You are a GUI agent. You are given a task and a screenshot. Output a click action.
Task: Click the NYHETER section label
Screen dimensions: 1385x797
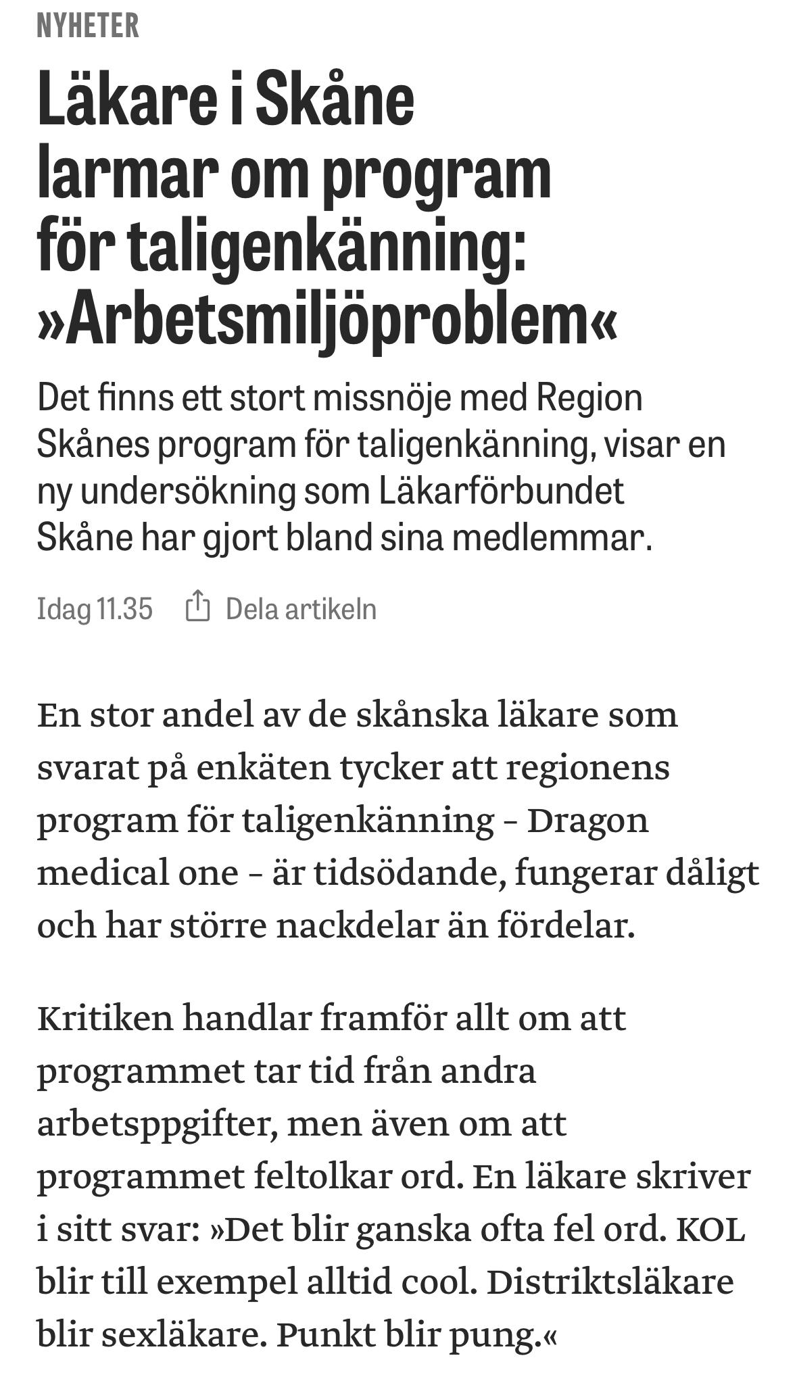[x=88, y=26]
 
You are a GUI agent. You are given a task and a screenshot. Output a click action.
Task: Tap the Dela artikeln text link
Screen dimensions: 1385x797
[x=301, y=609]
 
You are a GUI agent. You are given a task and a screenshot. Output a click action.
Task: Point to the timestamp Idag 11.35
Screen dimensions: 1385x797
[x=95, y=609]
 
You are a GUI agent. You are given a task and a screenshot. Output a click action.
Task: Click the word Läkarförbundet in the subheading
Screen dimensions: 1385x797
[x=501, y=491]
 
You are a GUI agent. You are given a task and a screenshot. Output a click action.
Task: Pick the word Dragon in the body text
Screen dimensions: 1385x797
[x=587, y=820]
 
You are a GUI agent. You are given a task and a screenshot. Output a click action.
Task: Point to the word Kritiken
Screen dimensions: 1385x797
[x=105, y=1017]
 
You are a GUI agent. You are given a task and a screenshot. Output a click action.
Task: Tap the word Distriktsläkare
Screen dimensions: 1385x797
[x=610, y=1282]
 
